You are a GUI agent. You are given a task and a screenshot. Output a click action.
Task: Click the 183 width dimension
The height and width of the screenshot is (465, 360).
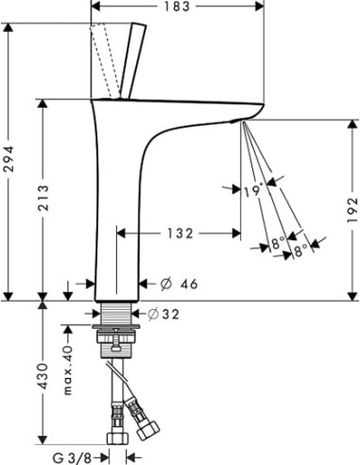click(x=180, y=8)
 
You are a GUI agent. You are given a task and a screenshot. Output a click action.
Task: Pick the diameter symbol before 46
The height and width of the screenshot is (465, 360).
click(x=164, y=284)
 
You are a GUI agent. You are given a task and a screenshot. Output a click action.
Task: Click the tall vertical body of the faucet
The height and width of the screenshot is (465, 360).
click(x=119, y=208)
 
